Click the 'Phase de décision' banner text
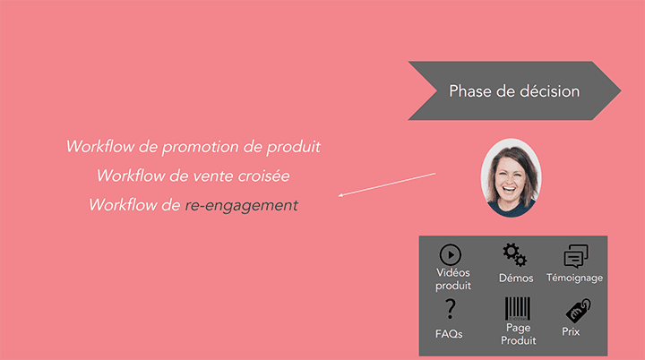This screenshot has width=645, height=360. tap(513, 91)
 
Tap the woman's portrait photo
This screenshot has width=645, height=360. tap(509, 177)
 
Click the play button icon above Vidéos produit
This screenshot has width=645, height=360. tap(450, 254)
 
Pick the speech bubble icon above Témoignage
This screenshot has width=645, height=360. tap(575, 256)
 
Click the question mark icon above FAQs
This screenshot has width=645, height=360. tap(450, 309)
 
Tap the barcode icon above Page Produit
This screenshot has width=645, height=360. tap(518, 309)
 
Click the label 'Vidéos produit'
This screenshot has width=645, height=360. tap(453, 279)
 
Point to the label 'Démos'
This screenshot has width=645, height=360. tap(516, 279)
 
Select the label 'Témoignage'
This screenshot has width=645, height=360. tap(574, 279)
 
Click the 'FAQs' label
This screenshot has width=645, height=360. tap(448, 334)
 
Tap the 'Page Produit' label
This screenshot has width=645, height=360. tap(518, 334)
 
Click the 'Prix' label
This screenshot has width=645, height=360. tap(571, 332)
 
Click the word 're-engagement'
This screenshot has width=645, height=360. tap(241, 205)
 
